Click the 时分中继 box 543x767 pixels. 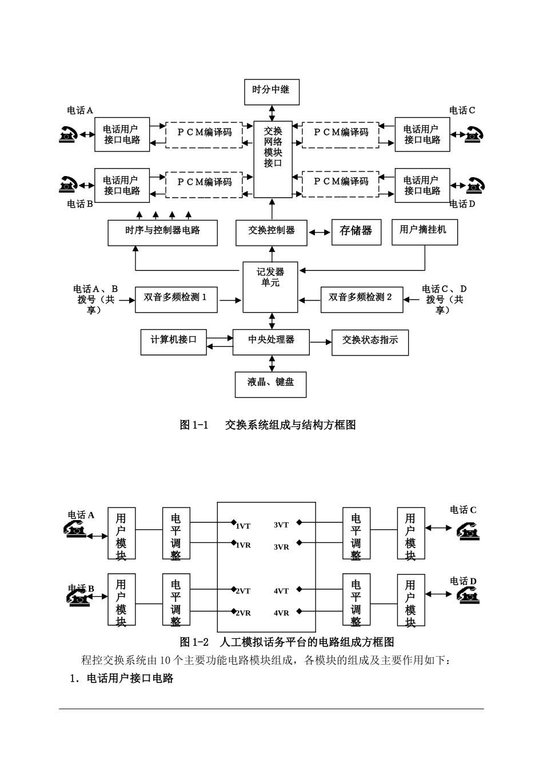271,91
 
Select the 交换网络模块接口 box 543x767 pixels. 273,159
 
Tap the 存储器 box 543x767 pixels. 356,231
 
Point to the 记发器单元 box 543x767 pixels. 270,287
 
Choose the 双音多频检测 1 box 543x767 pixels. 176,299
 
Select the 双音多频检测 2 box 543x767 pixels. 361,299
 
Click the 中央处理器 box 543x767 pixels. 271,342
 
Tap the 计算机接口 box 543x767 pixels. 174,342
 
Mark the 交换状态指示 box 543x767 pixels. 370,342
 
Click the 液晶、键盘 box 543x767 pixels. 270,384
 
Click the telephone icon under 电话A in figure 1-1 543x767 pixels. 68,135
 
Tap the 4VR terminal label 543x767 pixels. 281,613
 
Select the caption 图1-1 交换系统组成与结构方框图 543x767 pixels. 267,425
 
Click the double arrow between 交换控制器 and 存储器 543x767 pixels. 320,233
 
